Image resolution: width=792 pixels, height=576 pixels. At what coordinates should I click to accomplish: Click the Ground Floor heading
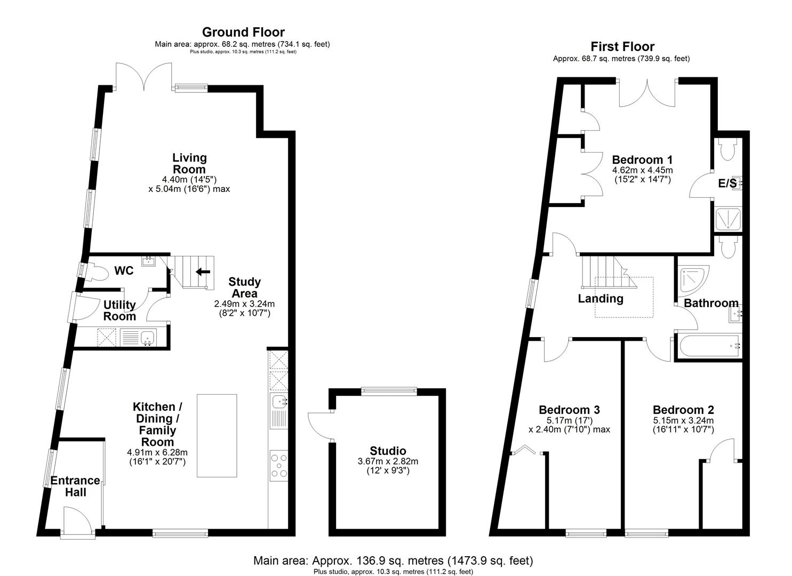[243, 33]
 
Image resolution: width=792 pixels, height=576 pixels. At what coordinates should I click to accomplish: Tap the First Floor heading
[622, 46]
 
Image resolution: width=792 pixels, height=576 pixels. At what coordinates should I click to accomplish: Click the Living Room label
[189, 163]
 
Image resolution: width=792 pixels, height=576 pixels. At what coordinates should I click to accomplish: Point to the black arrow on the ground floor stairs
[203, 272]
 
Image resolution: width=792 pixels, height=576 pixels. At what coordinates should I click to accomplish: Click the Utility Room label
[119, 310]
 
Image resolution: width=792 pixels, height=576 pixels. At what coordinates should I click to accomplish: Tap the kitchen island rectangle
[217, 435]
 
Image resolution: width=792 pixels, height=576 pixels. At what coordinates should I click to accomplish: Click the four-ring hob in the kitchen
[279, 465]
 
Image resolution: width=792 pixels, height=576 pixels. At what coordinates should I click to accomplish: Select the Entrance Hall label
[75, 486]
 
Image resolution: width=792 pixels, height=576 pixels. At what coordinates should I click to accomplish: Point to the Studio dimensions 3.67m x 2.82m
[388, 461]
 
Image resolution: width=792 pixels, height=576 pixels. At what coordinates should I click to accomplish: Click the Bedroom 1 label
[642, 159]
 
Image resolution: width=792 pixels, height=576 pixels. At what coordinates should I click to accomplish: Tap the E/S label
[727, 183]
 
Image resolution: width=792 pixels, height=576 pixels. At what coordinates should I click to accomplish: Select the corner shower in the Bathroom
[691, 278]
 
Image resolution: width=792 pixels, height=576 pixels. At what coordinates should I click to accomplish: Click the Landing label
[601, 298]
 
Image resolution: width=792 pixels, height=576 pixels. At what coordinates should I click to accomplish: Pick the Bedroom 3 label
[569, 410]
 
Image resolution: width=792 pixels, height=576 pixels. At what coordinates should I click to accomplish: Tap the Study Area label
[244, 287]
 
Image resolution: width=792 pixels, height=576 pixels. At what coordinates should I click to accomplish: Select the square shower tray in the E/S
[726, 219]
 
